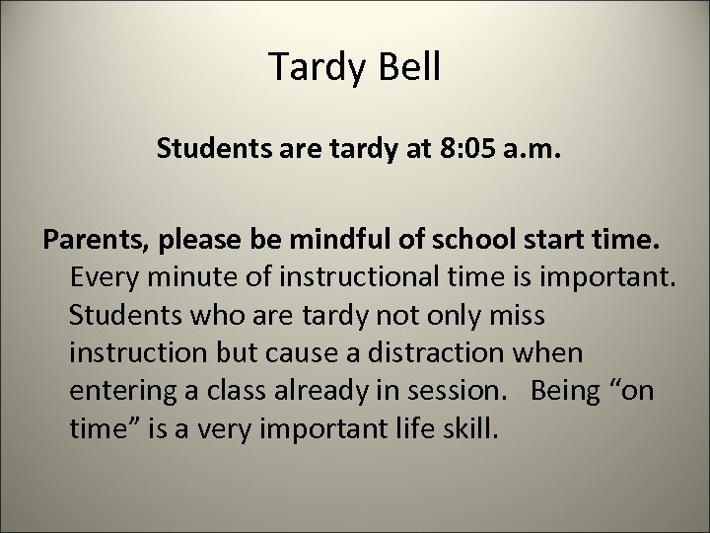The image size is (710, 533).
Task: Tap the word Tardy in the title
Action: pos(316,70)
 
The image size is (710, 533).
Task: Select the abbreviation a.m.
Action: pos(533,151)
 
